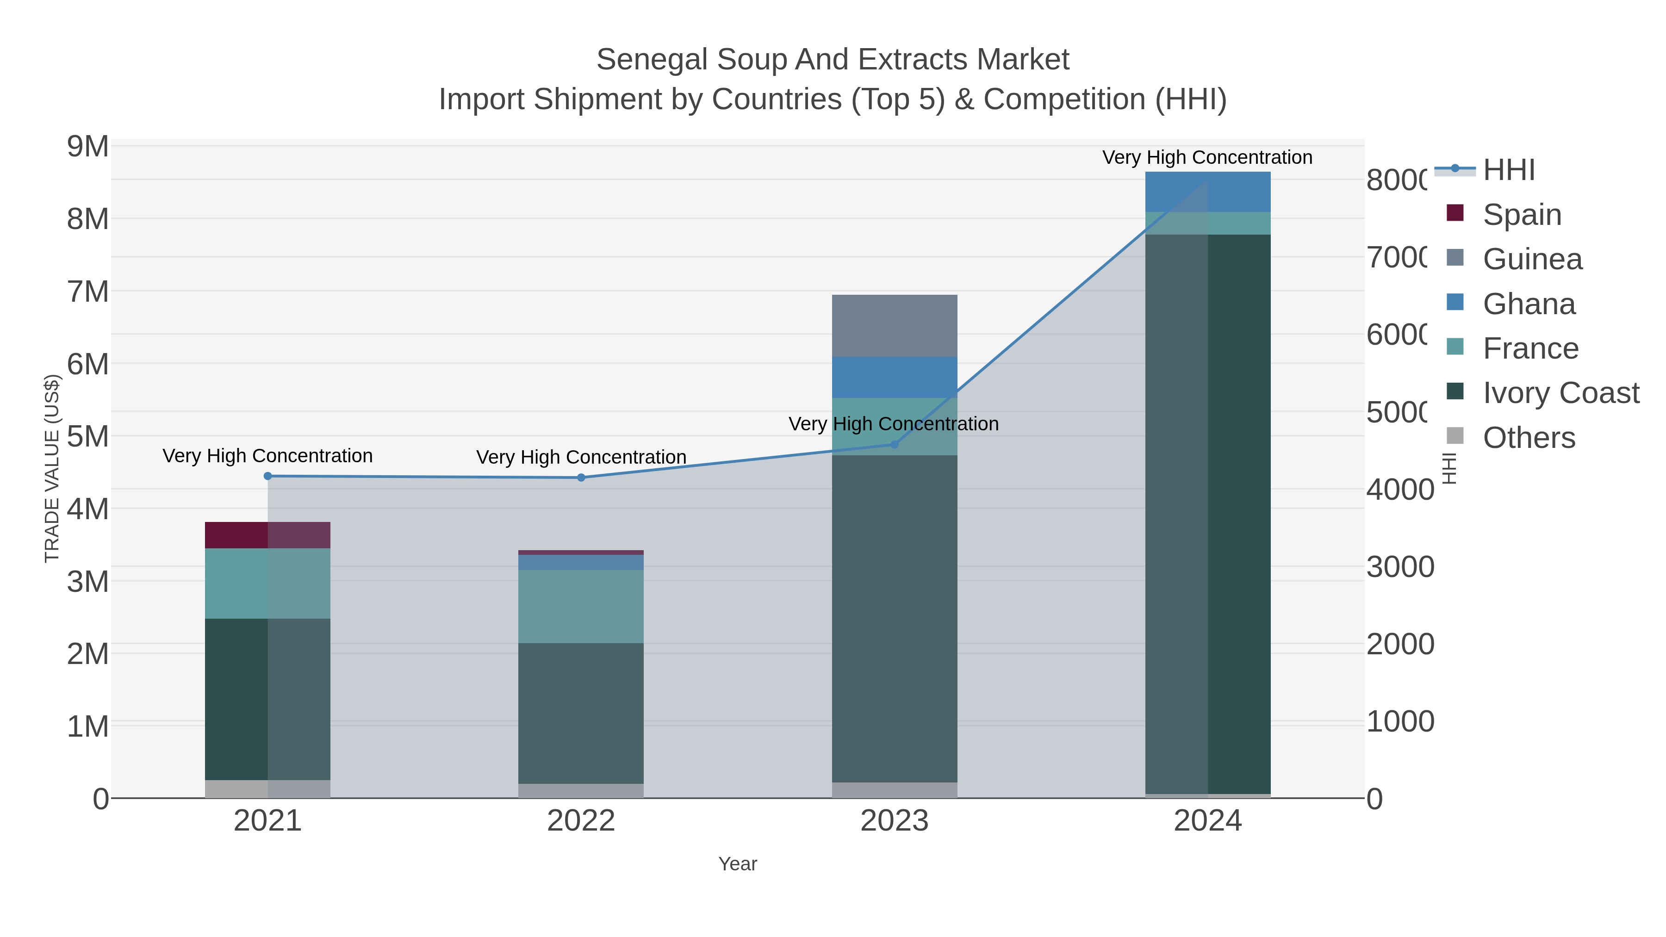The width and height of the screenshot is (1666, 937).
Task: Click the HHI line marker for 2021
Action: pos(268,476)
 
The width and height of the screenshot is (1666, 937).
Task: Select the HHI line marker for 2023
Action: pos(895,444)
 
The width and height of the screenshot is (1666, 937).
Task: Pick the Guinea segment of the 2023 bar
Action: pos(895,326)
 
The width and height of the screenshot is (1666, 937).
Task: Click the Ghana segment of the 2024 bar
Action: pos(1207,192)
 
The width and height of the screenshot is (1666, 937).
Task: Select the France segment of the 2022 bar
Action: pos(581,606)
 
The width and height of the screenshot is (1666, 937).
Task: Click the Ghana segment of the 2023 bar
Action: pos(895,377)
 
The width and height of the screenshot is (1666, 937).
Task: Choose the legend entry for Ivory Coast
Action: pos(1560,392)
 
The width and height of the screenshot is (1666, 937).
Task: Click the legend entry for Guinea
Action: pos(1532,259)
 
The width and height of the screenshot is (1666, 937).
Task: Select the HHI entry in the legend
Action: pos(1508,170)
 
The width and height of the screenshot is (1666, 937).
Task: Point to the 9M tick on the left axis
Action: pos(88,147)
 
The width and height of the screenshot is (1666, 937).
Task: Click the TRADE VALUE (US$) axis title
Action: pos(52,468)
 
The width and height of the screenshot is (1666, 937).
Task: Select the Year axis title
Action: pos(737,864)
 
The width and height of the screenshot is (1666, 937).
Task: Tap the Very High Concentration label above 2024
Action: pos(1207,157)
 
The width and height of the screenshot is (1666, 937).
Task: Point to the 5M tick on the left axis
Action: pos(88,436)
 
